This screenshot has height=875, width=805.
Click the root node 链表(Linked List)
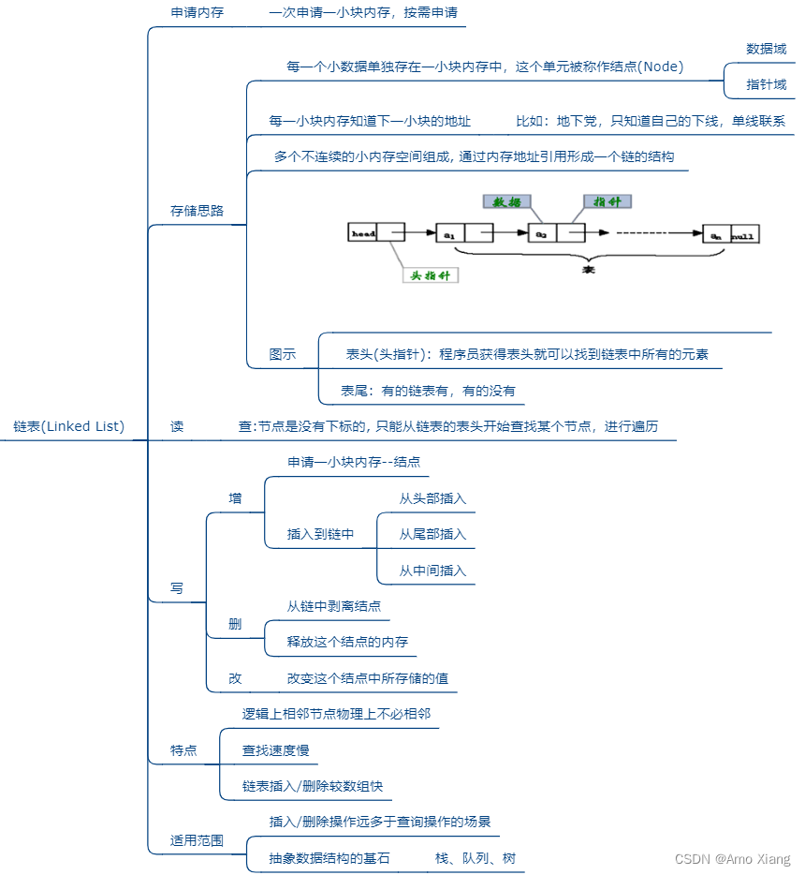[x=68, y=426]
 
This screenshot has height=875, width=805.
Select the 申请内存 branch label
[x=197, y=14]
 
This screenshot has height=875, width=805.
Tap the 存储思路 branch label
[x=197, y=211]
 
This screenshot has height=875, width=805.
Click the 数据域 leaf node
[x=766, y=49]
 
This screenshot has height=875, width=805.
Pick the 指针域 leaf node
[x=766, y=84]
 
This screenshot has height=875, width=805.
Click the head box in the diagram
[x=363, y=232]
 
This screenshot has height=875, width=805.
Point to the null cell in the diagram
[x=744, y=234]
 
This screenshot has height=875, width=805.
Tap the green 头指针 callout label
[x=431, y=275]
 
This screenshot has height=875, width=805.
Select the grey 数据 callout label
[x=507, y=200]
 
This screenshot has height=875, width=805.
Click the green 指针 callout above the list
[x=607, y=200]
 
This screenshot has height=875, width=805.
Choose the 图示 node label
[x=282, y=354]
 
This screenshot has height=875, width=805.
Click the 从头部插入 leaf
[x=432, y=498]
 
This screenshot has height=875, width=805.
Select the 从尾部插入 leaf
[x=432, y=534]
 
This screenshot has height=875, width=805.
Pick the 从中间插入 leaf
[x=432, y=571]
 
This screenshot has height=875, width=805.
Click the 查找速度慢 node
[x=275, y=750]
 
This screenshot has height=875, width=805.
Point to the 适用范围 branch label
[x=197, y=840]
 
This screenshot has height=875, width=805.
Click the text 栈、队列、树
[x=475, y=858]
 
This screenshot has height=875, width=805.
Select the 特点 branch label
[x=183, y=750]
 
